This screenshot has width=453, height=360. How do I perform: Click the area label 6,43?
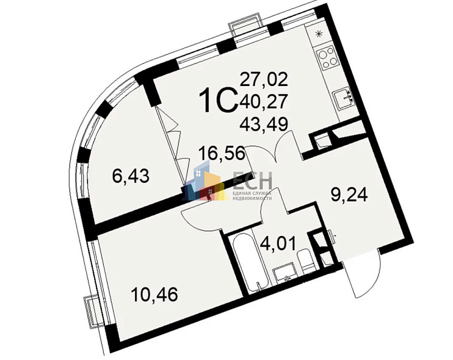tap(131, 176)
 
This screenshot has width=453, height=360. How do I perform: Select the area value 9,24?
tap(349, 196)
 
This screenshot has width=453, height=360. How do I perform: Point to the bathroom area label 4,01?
tap(278, 244)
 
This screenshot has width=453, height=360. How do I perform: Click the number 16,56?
tap(222, 153)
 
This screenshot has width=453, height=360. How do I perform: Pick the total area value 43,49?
tap(264, 124)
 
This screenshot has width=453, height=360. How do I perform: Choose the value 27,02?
tap(264, 79)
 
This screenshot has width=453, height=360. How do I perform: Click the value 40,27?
tap(264, 101)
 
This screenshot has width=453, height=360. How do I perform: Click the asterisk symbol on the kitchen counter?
tap(319, 34)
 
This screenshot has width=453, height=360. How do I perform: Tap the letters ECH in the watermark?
tap(252, 179)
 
